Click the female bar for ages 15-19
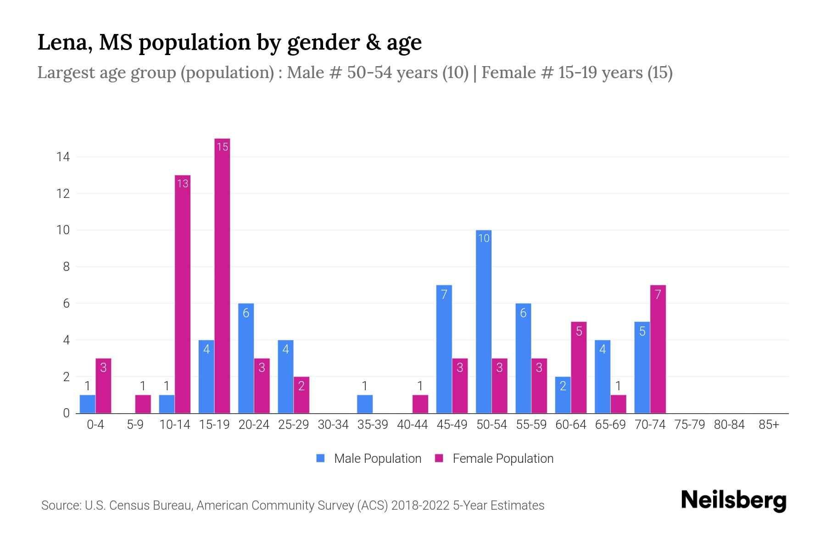[x=222, y=275]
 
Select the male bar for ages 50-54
[x=484, y=321]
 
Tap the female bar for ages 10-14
[x=183, y=294]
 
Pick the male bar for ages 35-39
[x=365, y=404]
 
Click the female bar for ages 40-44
[x=420, y=404]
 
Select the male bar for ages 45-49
[x=444, y=349]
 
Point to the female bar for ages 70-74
[x=658, y=349]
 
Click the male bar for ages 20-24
[x=246, y=358]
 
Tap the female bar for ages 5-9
[x=143, y=404]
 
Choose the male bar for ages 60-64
[x=563, y=395]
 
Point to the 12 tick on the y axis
[x=63, y=193]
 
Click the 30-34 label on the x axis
[x=333, y=425]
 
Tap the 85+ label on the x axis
[x=769, y=425]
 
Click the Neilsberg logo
[x=733, y=500]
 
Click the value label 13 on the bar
[x=183, y=184]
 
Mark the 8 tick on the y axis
[x=66, y=267]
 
